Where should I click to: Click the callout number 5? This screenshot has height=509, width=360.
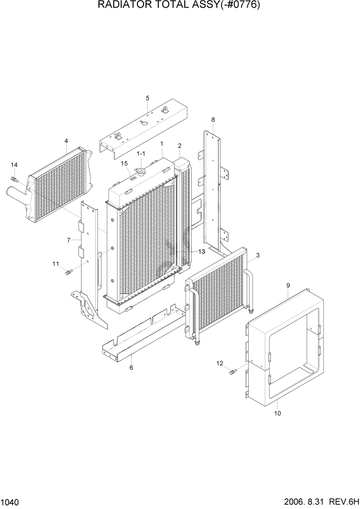[x=147, y=98]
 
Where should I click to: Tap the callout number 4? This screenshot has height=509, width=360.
[x=66, y=141]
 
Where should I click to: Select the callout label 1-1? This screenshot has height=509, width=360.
[x=141, y=153]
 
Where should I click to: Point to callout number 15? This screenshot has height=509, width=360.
[x=124, y=164]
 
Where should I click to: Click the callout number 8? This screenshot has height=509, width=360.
[x=213, y=120]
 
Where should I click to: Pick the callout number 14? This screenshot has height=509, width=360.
[x=14, y=165]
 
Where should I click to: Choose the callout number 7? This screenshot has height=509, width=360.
[x=68, y=240]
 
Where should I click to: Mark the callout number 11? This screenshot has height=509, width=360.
[x=55, y=264]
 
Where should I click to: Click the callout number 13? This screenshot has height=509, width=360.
[x=202, y=251]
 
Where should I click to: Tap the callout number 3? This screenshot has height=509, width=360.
[x=257, y=255]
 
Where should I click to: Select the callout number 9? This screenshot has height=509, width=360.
[x=288, y=285]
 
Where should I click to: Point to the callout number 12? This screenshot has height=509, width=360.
[x=220, y=363]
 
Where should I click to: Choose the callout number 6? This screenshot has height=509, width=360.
[x=131, y=367]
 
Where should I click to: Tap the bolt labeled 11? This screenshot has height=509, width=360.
[x=68, y=271]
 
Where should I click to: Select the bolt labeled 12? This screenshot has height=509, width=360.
[x=232, y=371]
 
